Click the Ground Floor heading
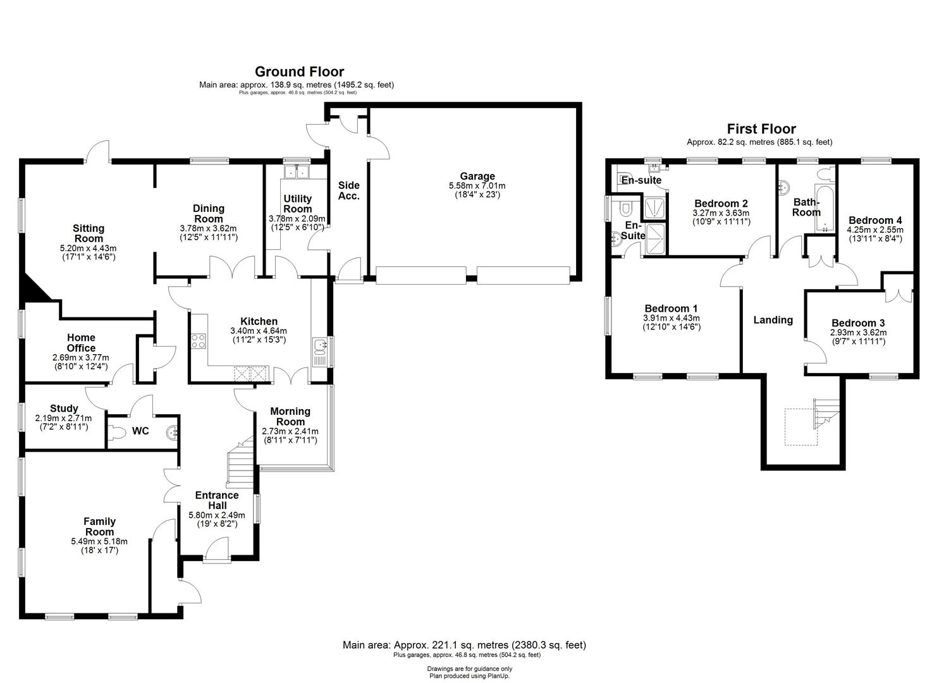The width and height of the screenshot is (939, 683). point(299,71)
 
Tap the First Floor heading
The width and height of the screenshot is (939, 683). point(761,129)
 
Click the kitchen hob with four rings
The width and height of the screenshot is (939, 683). point(199,341)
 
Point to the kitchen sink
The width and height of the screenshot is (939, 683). point(319,346)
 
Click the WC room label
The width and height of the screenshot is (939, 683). point(140,431)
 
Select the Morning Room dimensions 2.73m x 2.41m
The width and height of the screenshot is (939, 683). point(290,431)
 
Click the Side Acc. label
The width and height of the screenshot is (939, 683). point(348,190)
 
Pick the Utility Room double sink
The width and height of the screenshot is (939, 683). point(296,171)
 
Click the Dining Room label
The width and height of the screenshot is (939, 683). point(209,213)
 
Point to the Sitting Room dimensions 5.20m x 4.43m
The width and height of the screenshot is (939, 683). point(89,249)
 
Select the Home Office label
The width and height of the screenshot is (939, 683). point(81,343)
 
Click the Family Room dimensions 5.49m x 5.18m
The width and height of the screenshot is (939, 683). point(99,541)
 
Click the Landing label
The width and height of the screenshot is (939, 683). point(773,320)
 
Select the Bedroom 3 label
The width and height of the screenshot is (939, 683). point(857,323)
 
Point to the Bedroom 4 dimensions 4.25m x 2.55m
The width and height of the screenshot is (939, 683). point(875,230)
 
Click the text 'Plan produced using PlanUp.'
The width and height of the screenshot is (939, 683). point(469,676)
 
